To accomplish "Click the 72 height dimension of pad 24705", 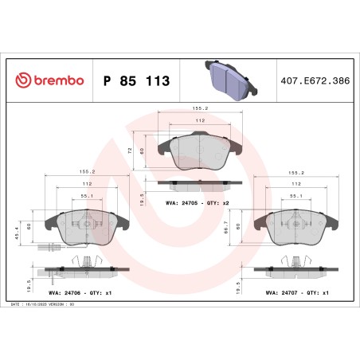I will point(130,149).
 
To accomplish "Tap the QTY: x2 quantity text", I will point(217,203).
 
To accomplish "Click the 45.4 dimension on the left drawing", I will point(18,230).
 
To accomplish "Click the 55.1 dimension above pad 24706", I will point(87,195).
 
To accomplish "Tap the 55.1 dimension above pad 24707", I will point(295,195).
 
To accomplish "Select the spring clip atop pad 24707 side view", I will point(296,260).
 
